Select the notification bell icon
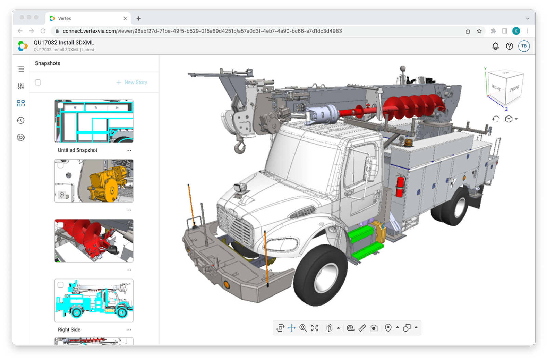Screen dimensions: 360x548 click(495, 46)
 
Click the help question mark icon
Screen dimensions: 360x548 click(509, 46)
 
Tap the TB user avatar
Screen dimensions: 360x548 click(524, 46)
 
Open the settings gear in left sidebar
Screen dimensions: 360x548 click(21, 137)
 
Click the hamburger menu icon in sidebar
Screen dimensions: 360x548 click(21, 69)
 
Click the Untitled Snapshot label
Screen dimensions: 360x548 click(78, 150)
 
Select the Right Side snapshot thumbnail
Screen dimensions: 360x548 click(94, 301)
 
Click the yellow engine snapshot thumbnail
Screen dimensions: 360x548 click(94, 181)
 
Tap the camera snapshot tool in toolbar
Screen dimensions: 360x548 click(374, 328)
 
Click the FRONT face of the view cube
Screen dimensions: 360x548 click(515, 89)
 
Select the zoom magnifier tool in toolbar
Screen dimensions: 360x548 click(303, 328)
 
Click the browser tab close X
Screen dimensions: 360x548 click(125, 18)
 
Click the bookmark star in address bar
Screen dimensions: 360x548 click(479, 31)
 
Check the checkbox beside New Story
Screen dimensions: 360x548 click(38, 82)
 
